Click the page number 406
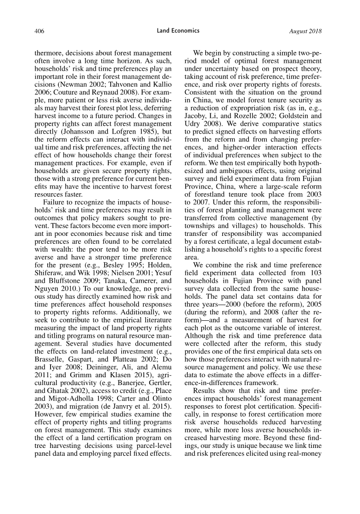pos(39,31)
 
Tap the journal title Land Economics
pos(178,31)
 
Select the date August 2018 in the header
pos(306,31)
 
